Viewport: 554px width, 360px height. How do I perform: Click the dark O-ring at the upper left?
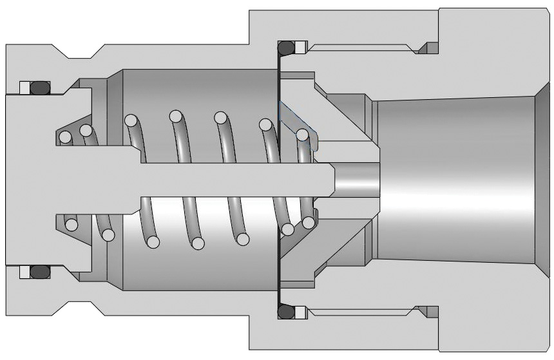point(40,86)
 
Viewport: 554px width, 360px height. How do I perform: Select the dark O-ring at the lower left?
point(40,272)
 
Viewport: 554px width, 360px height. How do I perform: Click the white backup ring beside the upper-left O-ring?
point(24,87)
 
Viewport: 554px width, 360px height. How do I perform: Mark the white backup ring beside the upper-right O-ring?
point(301,47)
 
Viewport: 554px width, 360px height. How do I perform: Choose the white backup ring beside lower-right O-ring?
point(301,312)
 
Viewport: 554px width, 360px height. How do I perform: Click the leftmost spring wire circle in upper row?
point(64,137)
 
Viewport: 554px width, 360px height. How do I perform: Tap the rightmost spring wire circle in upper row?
point(301,135)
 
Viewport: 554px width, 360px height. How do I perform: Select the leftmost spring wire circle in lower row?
point(71,225)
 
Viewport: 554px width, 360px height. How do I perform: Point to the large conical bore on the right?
point(457,179)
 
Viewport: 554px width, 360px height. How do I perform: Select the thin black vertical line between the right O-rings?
point(278,180)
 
